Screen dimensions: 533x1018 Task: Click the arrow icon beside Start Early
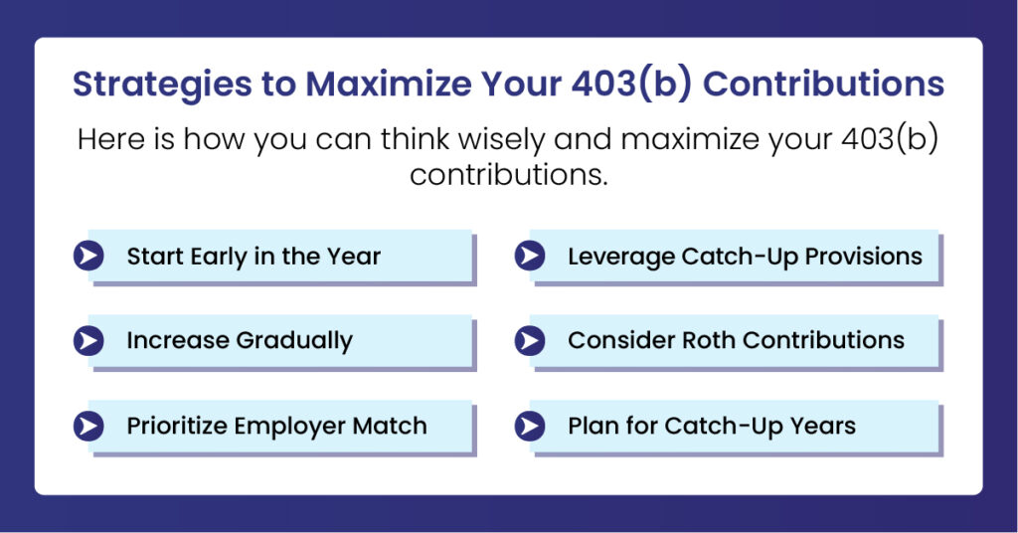(x=88, y=257)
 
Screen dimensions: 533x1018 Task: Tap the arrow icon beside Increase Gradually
(x=88, y=341)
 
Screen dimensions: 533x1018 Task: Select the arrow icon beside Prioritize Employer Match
(x=88, y=427)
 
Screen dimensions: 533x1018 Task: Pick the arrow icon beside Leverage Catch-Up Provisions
(x=529, y=257)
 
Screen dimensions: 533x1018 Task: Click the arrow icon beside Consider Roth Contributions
(x=529, y=341)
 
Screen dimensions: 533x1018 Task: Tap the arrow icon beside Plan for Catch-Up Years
(x=529, y=427)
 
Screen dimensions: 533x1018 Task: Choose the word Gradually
(x=294, y=341)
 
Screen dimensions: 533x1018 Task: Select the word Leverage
(x=620, y=257)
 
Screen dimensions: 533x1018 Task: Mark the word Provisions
(x=864, y=257)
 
